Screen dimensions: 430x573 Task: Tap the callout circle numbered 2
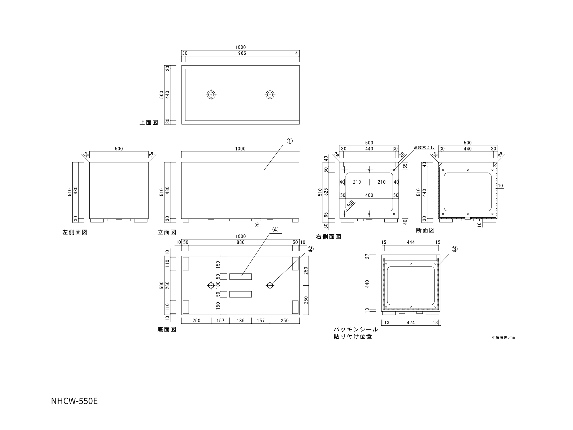pyautogui.click(x=310, y=249)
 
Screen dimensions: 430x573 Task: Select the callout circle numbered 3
pyautogui.click(x=454, y=249)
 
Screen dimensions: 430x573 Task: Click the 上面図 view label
pyautogui.click(x=149, y=123)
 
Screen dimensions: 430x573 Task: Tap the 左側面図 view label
pyautogui.click(x=75, y=232)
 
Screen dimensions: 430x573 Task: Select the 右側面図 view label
pyautogui.click(x=328, y=237)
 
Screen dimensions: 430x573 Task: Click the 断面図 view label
pyautogui.click(x=425, y=230)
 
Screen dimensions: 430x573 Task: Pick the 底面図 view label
pyautogui.click(x=167, y=330)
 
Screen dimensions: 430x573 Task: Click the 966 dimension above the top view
pyautogui.click(x=242, y=53)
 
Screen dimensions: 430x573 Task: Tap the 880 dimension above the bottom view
pyautogui.click(x=240, y=242)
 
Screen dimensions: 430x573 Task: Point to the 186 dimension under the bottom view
pyautogui.click(x=240, y=321)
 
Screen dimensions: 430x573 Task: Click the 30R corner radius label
pyautogui.click(x=350, y=205)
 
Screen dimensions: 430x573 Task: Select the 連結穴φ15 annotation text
pyautogui.click(x=424, y=147)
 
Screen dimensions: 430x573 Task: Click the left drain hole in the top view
pyautogui.click(x=211, y=94)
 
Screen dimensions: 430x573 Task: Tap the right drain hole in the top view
pyautogui.click(x=270, y=94)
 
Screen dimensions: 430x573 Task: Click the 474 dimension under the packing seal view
pyautogui.click(x=410, y=323)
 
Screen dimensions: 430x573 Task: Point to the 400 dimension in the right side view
pyautogui.click(x=369, y=195)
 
